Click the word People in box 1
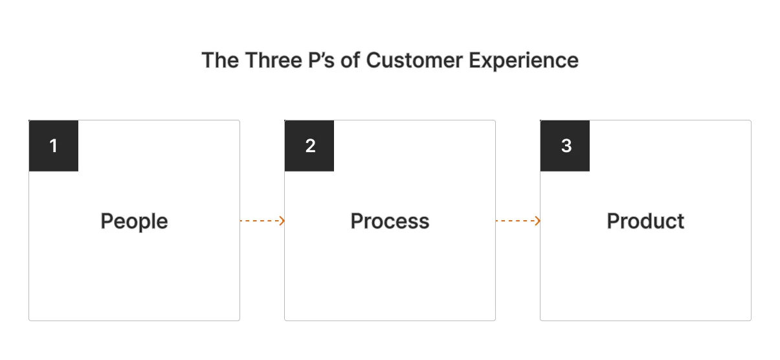134,221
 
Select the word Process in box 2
390,221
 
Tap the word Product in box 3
645,221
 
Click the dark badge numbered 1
54,146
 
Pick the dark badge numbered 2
309,146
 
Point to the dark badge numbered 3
565,146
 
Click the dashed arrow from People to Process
262,221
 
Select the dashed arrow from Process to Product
517,221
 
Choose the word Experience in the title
524,60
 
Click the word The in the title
219,60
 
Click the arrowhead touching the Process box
282,221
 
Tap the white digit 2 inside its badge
310,146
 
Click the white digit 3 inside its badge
566,146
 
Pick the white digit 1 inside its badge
54,146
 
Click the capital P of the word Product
612,221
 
